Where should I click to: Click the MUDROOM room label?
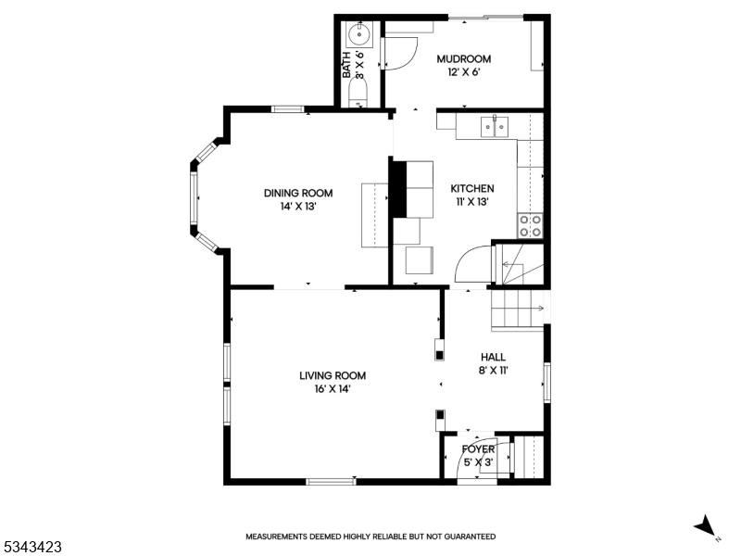coord(464,59)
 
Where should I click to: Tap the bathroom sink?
coord(359,34)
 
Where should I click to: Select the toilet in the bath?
coord(358,92)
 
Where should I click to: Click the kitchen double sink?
coord(495,127)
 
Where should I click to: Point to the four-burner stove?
coord(530,225)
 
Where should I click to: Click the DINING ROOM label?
coord(298,193)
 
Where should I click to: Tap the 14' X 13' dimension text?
coord(297,207)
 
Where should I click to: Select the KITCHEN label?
coord(472,189)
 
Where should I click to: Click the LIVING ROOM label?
coord(333,376)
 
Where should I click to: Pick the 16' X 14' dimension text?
coord(333,389)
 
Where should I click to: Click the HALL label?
coord(494,358)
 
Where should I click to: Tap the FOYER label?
coord(478,449)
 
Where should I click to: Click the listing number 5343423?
coord(31,547)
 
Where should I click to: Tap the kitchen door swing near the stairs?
coord(467,260)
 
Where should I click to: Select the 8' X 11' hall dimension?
coord(494,370)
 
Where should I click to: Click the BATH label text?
coord(346,64)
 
